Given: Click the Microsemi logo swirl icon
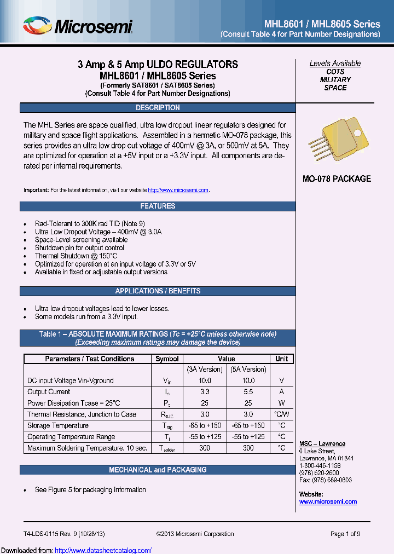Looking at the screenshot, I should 38,25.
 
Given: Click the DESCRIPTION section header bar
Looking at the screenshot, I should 158,108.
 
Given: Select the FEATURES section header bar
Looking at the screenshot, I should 158,206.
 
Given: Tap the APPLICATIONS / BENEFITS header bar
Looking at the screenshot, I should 158,291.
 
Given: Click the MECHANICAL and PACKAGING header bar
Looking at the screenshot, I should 158,470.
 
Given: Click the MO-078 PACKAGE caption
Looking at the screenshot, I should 337,179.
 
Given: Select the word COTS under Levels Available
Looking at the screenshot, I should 335,72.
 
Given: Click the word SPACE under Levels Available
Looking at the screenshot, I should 335,88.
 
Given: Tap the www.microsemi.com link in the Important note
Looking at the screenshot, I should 179,190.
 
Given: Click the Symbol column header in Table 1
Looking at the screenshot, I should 167,359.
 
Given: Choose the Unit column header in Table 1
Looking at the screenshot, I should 281,359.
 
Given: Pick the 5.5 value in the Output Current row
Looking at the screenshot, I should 248,392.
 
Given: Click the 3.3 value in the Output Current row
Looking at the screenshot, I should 204,392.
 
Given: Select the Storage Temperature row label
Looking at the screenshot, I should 58,425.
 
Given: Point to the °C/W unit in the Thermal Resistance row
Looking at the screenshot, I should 281,414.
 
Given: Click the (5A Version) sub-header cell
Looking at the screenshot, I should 248,370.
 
